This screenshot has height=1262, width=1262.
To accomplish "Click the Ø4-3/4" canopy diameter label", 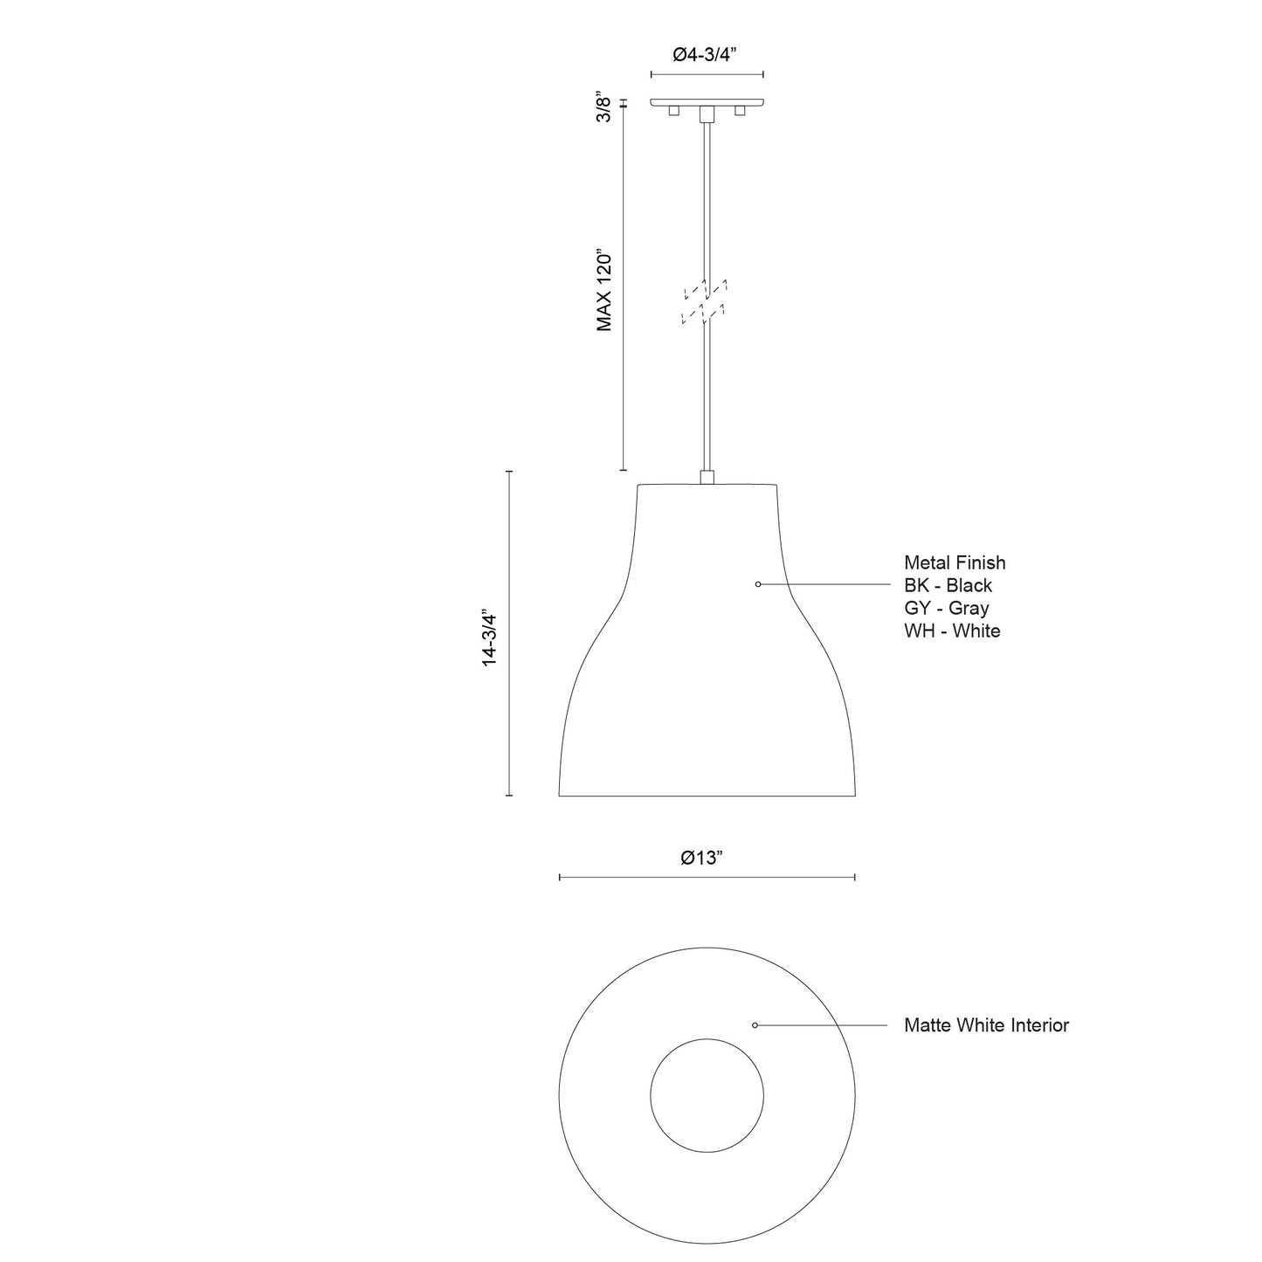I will tap(706, 54).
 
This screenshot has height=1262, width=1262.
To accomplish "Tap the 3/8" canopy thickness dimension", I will tap(602, 106).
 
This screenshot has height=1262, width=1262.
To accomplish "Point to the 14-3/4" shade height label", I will tap(490, 638).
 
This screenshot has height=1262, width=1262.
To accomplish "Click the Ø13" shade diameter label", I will tap(703, 858).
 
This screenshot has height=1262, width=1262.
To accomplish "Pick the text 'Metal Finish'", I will tap(955, 563).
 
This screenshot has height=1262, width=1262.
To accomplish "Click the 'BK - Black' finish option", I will tap(948, 586).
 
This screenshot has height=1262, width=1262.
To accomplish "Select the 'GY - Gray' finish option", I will tap(947, 609).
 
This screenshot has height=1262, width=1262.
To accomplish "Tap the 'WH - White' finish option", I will tap(953, 631).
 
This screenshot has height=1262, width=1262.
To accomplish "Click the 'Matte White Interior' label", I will tap(986, 1025).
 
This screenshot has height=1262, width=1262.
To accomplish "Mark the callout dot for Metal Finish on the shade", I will tap(758, 583).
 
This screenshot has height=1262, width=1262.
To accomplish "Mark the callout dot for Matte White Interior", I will tap(755, 1024).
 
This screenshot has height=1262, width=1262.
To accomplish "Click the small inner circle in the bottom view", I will tap(707, 1095).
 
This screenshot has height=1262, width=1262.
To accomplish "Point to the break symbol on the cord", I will tap(707, 302).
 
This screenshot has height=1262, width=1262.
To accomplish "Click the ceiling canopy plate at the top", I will tap(707, 101).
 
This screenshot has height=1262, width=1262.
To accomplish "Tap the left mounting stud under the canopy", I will tap(673, 112).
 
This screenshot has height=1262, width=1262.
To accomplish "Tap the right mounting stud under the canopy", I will tap(741, 112).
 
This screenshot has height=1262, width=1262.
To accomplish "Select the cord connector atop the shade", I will tap(707, 477).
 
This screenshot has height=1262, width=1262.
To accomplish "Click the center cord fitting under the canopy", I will tap(707, 114).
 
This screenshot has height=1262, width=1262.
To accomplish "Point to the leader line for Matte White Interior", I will tap(821, 1024).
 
